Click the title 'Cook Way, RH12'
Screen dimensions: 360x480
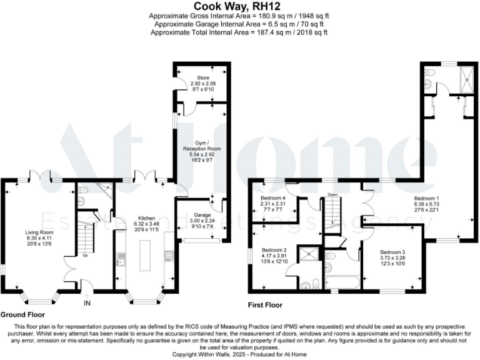240,6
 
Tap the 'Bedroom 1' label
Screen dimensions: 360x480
426,198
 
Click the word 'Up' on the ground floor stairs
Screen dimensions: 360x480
86,255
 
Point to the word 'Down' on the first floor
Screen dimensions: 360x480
332,194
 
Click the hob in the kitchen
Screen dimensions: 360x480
168,254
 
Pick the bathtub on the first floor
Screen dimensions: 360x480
341,282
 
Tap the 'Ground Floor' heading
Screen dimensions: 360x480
22,314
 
